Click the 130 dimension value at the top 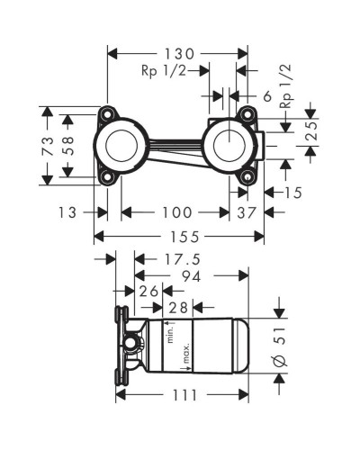(175, 53)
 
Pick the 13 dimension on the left (66, 212)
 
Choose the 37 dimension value (246, 212)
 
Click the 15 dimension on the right (292, 192)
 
